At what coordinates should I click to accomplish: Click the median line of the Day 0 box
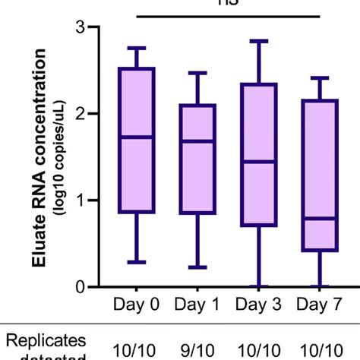pyautogui.click(x=137, y=137)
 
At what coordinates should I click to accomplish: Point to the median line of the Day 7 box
pyautogui.click(x=317, y=218)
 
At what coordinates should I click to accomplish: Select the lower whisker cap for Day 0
pyautogui.click(x=137, y=262)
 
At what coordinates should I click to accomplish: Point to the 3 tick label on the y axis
pyautogui.click(x=92, y=27)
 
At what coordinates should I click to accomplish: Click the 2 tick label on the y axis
pyautogui.click(x=92, y=114)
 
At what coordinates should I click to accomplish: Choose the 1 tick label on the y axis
pyautogui.click(x=92, y=201)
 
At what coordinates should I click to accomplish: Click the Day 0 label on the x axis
pyautogui.click(x=137, y=305)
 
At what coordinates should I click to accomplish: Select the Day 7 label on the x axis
pyautogui.click(x=317, y=305)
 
